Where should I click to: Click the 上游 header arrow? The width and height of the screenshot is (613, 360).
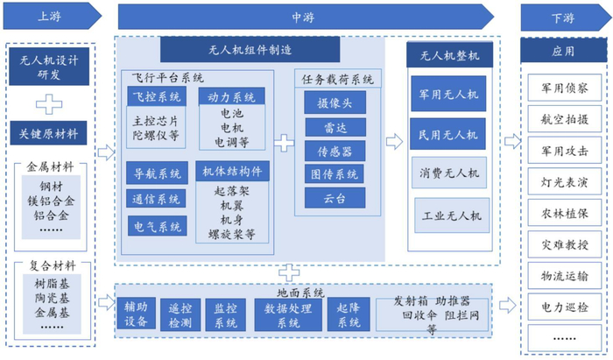52,16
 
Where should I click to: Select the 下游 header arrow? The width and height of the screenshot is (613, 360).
566,18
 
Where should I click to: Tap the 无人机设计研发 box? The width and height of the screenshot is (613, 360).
49,67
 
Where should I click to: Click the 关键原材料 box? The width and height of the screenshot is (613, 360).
48,133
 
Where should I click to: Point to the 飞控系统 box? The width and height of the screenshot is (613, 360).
157,96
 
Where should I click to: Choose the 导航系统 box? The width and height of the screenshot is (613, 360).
157,173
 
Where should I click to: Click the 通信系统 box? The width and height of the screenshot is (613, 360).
156,199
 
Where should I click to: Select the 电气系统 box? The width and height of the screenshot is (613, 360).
157,226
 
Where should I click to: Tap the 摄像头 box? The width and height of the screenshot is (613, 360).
335,102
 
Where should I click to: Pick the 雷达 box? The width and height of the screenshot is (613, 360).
335,127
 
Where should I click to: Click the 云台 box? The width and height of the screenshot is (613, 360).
335,198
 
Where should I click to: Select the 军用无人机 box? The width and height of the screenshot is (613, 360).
448,94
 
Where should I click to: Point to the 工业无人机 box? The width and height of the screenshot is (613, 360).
452,215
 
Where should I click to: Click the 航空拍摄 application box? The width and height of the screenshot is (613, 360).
565,119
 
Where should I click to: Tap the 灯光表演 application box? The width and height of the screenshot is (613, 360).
565,182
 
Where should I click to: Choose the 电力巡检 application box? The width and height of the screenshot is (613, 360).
565,307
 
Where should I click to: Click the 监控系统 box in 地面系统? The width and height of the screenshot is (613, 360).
226,315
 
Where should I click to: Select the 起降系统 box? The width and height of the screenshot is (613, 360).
349,314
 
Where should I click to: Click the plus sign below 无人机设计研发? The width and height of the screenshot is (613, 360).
49,104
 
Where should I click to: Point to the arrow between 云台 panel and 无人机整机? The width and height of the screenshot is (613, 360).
394,142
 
